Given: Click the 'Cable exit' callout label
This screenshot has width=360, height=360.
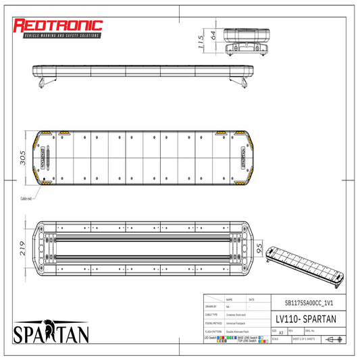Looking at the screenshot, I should (27, 199).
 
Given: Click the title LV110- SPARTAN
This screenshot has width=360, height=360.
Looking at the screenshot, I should (302, 318).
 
